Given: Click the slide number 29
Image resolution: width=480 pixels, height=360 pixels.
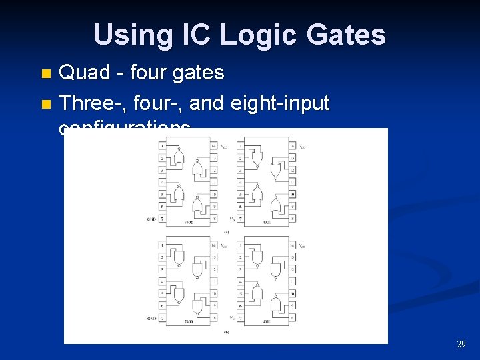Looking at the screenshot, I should pos(461,344).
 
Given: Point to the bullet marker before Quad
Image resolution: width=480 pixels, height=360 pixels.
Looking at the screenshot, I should pos(45,73).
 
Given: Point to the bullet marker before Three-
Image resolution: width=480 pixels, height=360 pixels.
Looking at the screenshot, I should pos(45,104).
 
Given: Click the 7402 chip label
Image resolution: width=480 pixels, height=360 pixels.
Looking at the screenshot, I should pos(189,222).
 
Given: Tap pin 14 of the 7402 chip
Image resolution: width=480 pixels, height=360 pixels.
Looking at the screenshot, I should pos(213,145).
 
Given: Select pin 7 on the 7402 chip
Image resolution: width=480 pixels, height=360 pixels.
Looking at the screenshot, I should pos(162,219).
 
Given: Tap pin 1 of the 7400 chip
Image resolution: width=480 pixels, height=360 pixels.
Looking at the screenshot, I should pos(162,245).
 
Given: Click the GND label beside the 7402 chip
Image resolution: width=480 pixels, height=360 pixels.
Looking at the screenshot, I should pos(151,219).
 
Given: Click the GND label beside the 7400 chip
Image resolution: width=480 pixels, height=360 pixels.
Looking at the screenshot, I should pos(151,319).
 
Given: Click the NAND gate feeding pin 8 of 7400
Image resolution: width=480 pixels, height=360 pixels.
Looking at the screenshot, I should pos(197,305).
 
